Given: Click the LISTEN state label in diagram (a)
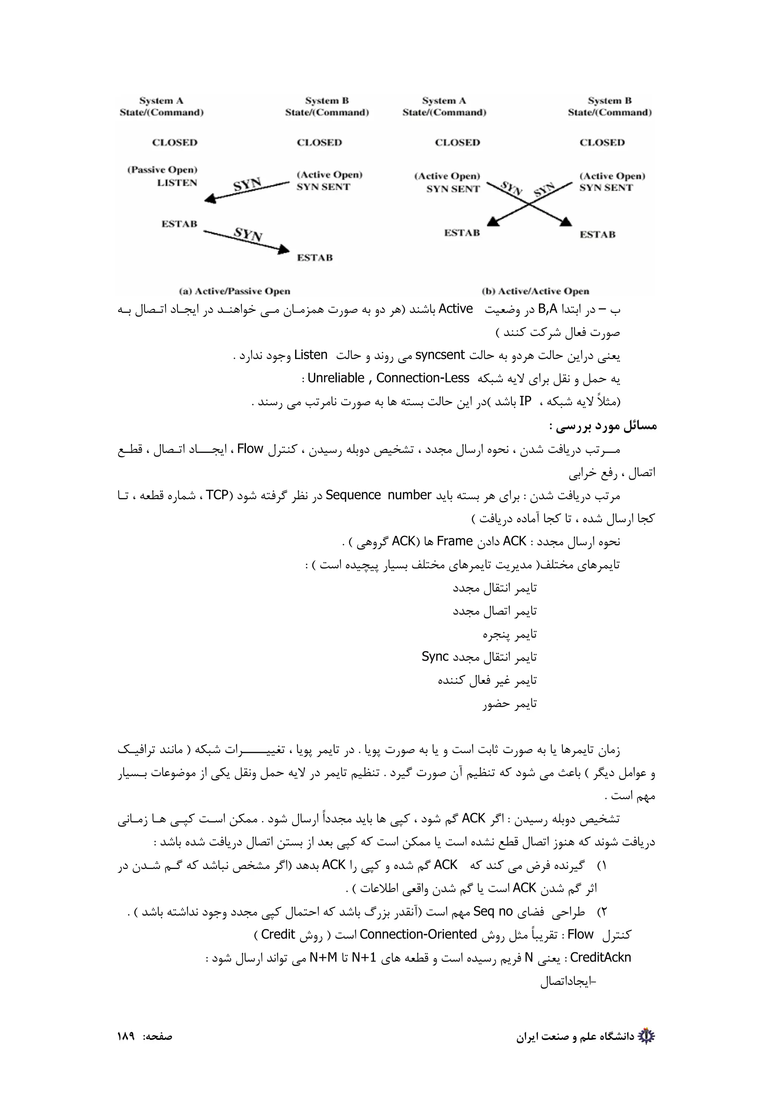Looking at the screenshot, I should [177, 183].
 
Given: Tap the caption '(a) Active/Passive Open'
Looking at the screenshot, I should [234, 291].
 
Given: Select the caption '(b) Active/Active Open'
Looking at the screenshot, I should [535, 291].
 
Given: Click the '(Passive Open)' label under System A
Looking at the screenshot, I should [162, 170].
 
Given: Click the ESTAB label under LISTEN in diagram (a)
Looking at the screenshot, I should [179, 224].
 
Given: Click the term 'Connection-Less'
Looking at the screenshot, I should [422, 378].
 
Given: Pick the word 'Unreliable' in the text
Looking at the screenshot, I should [336, 378].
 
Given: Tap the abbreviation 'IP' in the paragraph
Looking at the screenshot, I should [525, 401].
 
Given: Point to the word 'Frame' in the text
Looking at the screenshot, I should [454, 541].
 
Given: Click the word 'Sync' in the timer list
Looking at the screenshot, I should [435, 657].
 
